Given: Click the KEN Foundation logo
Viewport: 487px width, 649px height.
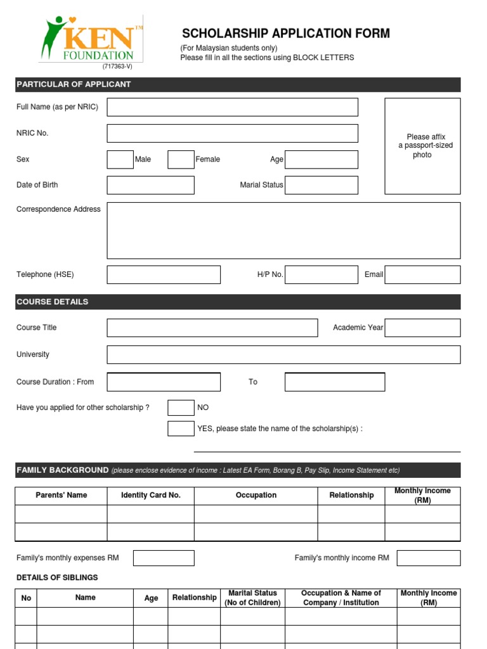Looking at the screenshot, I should coord(91,39).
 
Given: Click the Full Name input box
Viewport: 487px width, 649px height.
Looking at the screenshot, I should coord(232,107).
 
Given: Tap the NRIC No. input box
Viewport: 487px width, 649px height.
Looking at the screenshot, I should coord(232,133).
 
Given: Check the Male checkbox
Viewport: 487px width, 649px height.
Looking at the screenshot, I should coord(120,159).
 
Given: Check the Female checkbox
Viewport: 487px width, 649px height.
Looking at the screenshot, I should coord(181,159).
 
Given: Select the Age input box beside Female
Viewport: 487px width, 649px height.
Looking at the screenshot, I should coord(321,159).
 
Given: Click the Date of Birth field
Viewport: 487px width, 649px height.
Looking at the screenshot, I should coord(150,185).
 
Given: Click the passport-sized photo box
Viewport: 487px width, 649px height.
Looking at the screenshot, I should coord(422,146).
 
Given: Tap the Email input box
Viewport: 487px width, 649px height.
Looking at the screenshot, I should coord(422,274).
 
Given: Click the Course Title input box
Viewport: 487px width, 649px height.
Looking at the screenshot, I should coord(212,328).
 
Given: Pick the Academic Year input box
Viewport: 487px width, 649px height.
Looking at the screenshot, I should coord(422,328).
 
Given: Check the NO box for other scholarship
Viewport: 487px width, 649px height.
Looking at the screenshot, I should coord(181,408).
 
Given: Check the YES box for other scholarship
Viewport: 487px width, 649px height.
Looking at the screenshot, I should coord(181,428).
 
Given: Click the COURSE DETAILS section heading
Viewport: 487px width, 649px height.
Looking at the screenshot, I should coord(53,302).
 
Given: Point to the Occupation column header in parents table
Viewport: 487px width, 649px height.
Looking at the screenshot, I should coord(256,495).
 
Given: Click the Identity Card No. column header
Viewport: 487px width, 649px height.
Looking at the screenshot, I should coord(150,495).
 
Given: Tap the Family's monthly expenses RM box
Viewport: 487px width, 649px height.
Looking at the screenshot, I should coord(164,558).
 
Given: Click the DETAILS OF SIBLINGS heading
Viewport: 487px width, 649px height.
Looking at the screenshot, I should coord(57,577).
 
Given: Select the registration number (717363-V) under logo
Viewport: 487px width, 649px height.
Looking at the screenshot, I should coord(117,67).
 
